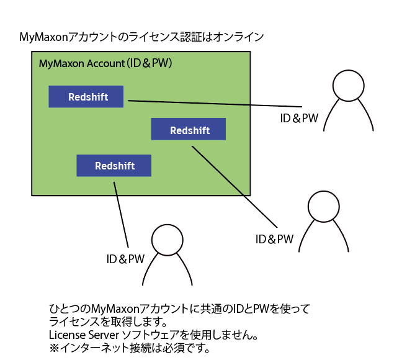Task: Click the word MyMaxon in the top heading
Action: click(43, 37)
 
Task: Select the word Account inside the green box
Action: click(105, 63)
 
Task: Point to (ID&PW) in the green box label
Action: click(149, 63)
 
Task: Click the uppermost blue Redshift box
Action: click(86, 96)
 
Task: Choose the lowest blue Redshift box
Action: click(114, 165)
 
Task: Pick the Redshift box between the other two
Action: click(189, 129)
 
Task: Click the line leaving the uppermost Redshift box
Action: click(215, 104)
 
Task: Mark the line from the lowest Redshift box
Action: click(121, 215)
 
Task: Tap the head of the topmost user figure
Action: click(348, 86)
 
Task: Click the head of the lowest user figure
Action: click(167, 240)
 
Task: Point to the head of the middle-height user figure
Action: click(324, 207)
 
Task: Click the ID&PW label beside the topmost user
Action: click(299, 118)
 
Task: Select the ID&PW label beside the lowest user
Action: click(125, 259)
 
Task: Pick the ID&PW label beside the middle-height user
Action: click(274, 239)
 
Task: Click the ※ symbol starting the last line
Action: click(54, 348)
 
